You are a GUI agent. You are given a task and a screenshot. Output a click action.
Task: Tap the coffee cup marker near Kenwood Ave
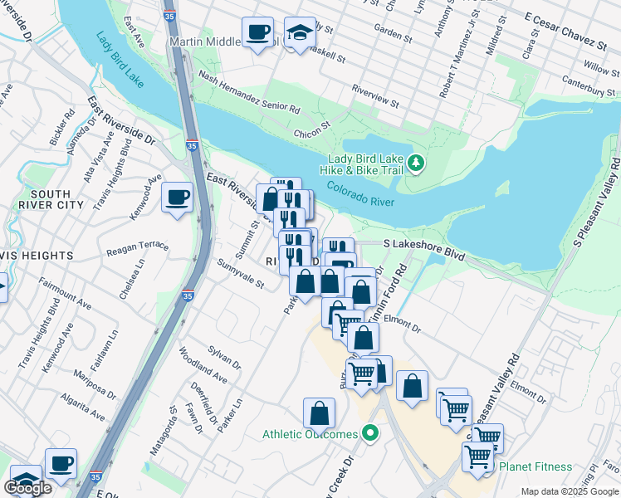tap(177, 198)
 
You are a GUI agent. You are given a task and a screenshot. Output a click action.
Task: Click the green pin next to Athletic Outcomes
tap(371, 433)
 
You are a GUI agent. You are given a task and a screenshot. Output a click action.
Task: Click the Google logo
tap(28, 488)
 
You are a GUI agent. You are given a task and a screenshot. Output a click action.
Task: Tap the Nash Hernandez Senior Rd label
tap(249, 92)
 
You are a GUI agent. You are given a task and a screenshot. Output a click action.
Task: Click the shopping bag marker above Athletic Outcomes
tap(319, 413)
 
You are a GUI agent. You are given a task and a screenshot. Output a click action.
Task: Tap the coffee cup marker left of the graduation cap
tap(257, 32)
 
